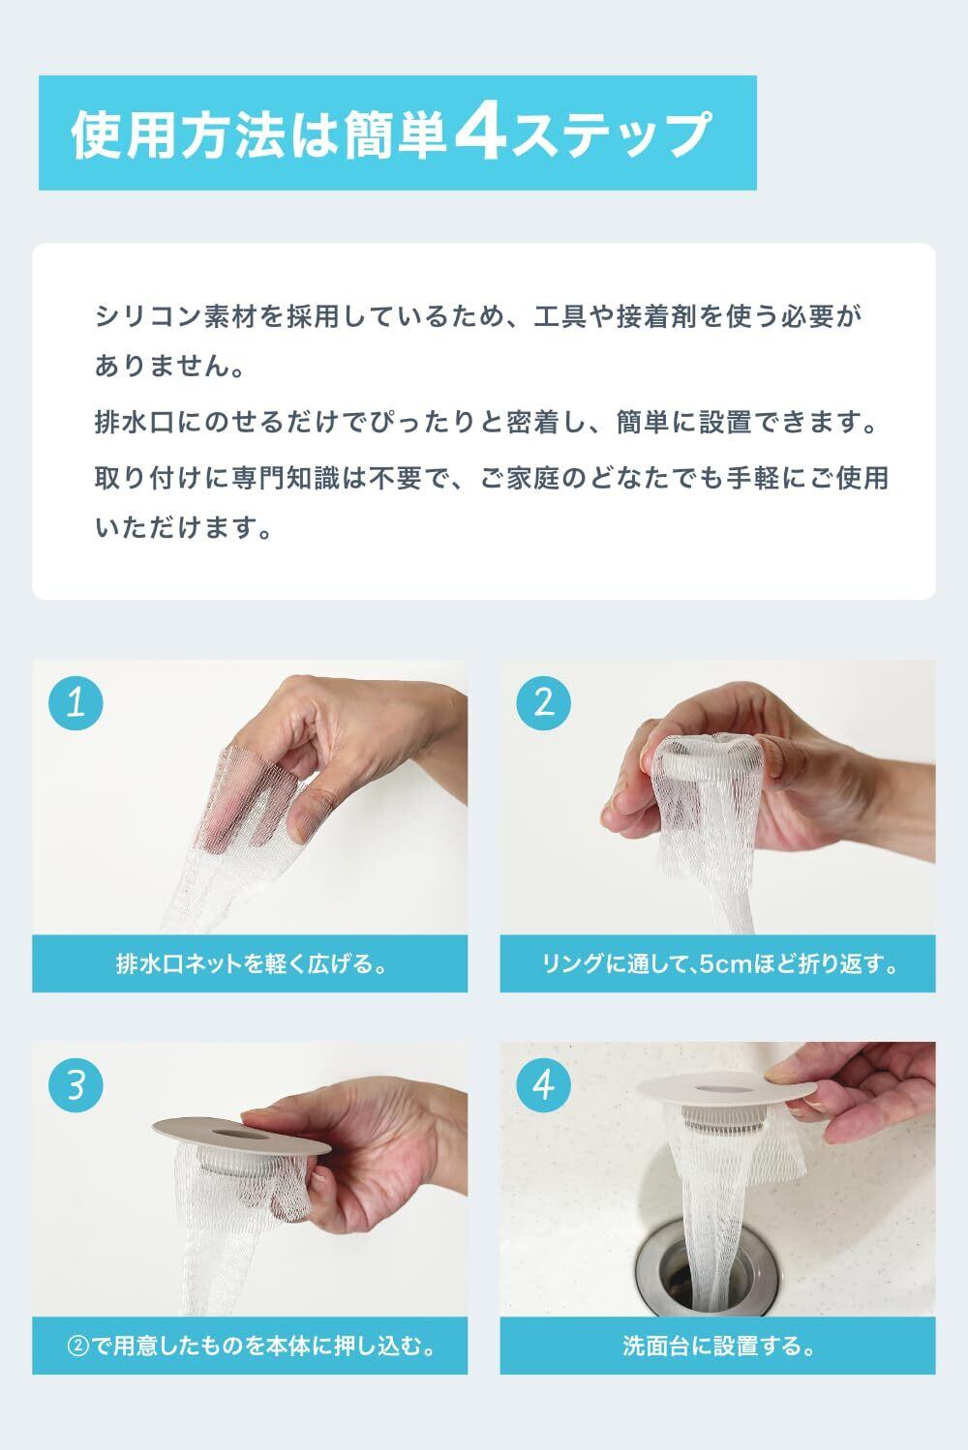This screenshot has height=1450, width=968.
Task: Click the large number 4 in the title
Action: point(480,133)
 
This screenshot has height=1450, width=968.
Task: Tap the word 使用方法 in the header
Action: point(178,134)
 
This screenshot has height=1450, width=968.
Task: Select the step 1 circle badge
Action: point(76,703)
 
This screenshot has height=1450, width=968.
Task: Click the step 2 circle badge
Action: point(543,703)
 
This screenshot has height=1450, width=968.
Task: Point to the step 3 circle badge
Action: point(76,1085)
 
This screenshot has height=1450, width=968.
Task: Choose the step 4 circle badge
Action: point(543,1085)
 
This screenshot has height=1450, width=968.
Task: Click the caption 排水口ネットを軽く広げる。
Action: point(251,963)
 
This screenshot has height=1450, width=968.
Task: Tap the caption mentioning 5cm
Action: point(718,963)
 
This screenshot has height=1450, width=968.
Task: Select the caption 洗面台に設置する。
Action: point(718,1346)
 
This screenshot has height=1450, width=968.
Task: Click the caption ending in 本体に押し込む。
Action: point(251,1346)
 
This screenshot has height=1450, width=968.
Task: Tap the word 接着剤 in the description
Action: point(656,316)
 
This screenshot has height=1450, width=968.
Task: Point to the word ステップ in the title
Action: point(612,134)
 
